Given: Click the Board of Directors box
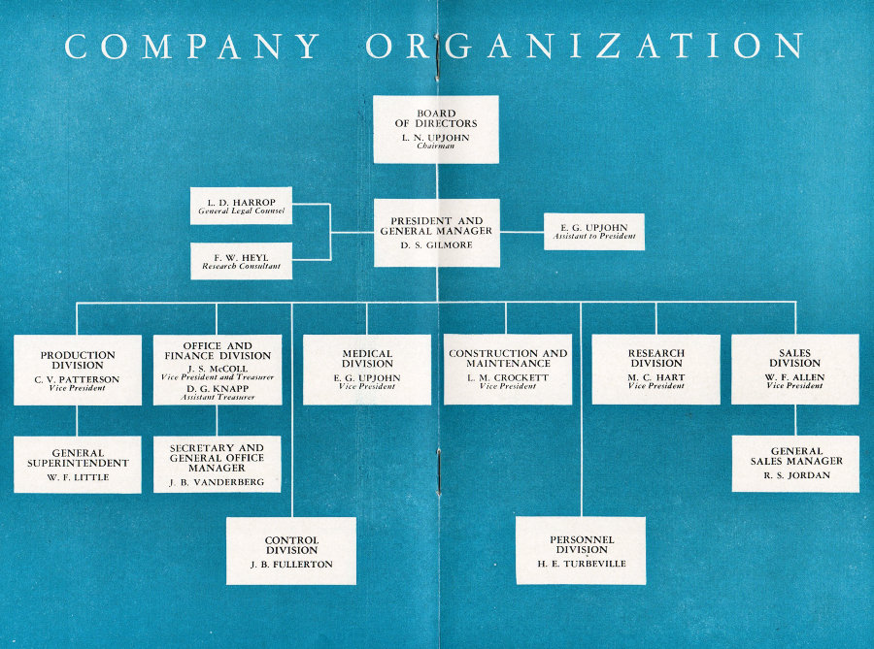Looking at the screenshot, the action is (436, 129).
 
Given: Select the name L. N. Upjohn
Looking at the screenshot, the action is (436, 138).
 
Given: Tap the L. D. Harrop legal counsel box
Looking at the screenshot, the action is (241, 206).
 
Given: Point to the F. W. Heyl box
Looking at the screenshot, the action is (241, 261).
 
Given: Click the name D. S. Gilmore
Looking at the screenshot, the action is (436, 244).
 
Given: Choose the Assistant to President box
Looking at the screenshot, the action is (594, 232).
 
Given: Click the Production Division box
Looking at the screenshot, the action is (78, 371).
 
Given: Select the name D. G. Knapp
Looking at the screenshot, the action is (218, 388).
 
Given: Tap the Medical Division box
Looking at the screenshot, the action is (367, 370).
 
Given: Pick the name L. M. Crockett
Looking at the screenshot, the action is (508, 377).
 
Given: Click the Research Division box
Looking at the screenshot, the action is (656, 369).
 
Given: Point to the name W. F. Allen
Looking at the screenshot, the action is (794, 377).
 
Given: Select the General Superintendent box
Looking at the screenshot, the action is (78, 465).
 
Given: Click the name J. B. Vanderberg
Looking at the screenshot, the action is (217, 482).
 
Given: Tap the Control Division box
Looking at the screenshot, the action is (291, 551).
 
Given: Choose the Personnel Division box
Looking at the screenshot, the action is (581, 550).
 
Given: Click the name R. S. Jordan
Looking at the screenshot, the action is (796, 475).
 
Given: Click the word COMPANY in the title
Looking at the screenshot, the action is (192, 46).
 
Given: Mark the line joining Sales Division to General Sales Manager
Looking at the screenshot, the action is (795, 420).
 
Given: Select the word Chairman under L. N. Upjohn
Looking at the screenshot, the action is (436, 146).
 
